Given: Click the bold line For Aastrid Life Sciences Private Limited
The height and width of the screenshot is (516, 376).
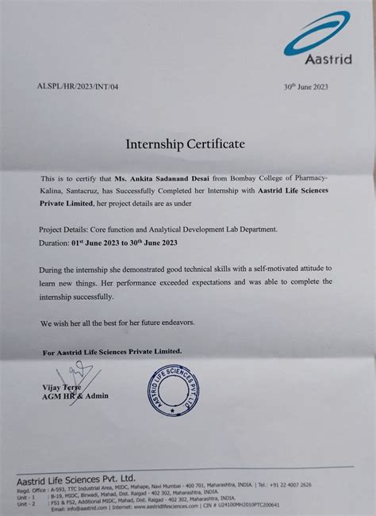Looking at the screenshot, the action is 112,350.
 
